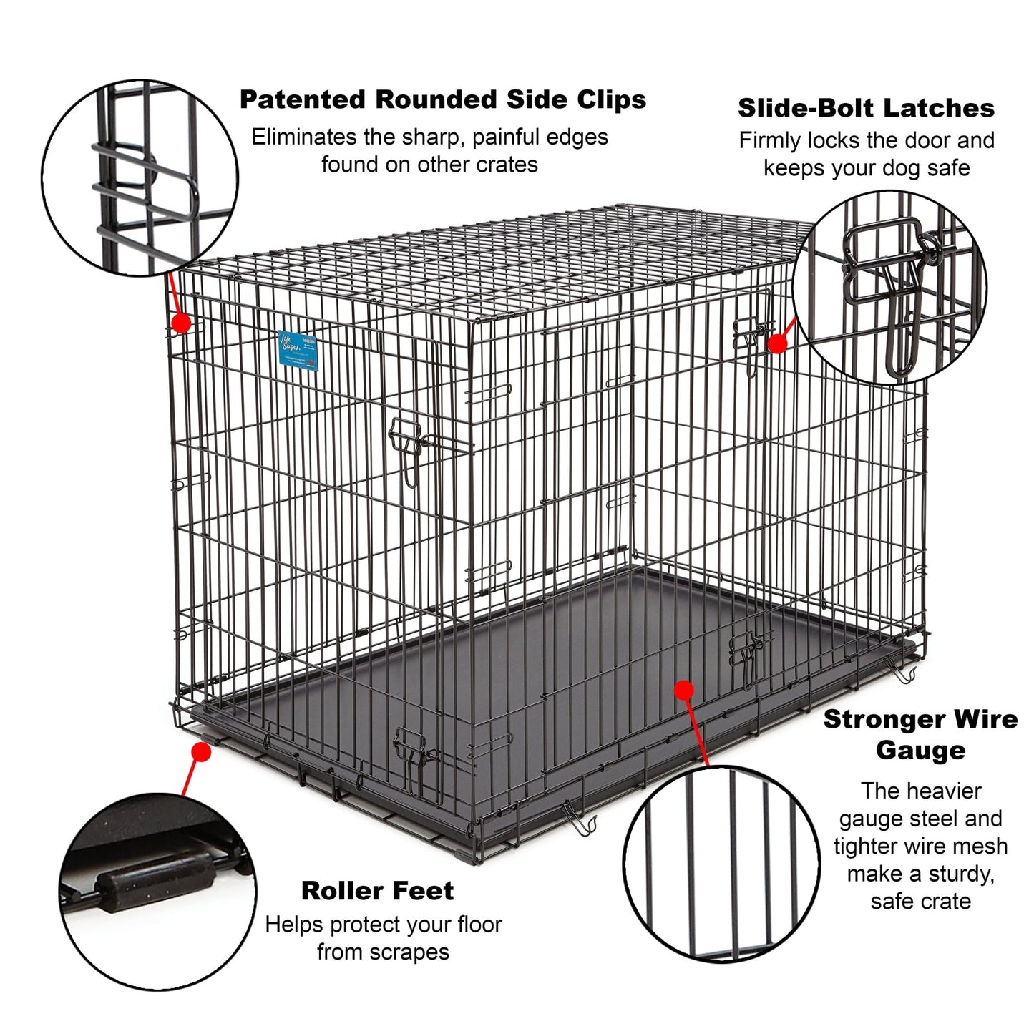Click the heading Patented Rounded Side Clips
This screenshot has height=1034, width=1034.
(x=442, y=100)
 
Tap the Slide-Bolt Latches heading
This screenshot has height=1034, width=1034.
(x=866, y=109)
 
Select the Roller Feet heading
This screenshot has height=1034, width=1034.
(x=377, y=891)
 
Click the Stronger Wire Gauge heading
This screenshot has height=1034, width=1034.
(x=920, y=735)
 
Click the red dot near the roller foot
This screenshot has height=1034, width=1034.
(x=202, y=753)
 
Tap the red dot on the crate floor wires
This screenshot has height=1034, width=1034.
(x=684, y=690)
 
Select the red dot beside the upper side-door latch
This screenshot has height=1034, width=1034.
(x=777, y=343)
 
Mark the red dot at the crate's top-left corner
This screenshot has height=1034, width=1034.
(x=182, y=323)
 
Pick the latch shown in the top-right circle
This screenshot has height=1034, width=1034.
(x=891, y=286)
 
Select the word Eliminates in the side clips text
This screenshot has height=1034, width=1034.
(x=303, y=137)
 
